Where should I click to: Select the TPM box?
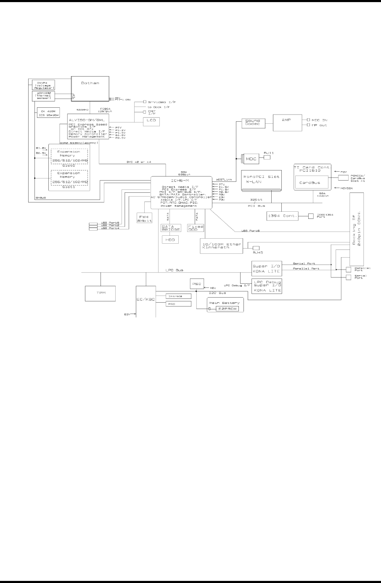[101, 293]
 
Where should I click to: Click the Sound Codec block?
[254, 123]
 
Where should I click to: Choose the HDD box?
[171, 239]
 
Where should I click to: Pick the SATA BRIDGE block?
[171, 228]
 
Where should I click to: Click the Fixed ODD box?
[196, 228]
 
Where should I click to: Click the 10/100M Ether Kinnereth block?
[222, 246]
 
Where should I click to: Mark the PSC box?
[197, 284]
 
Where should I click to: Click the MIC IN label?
[319, 120]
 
